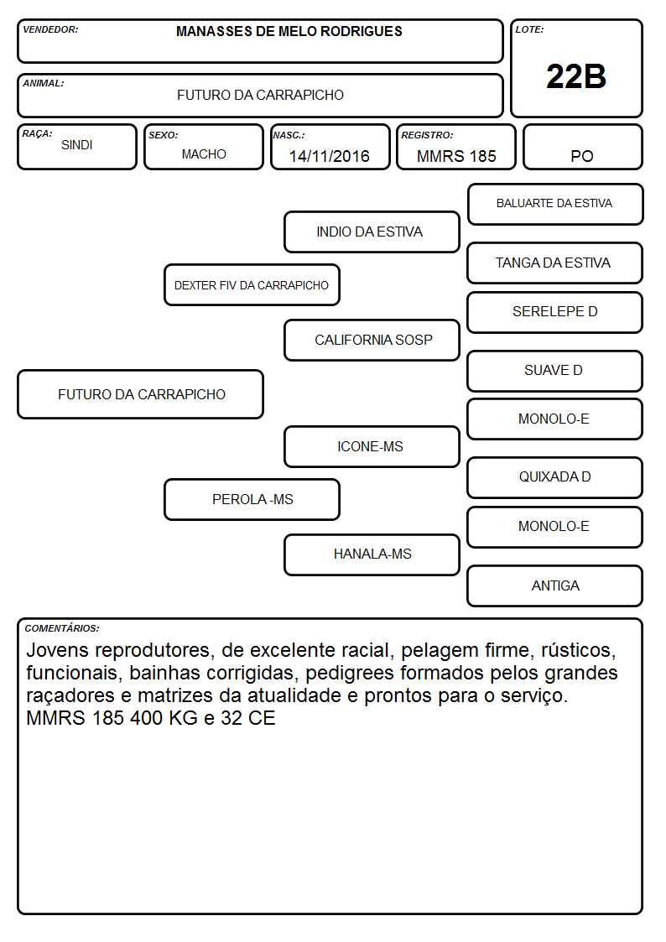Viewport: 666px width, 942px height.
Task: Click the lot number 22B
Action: [576, 77]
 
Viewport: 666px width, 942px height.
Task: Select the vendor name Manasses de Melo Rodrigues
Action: [289, 32]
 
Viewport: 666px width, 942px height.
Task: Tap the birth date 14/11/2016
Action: [329, 156]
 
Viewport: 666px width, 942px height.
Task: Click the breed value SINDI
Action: [77, 145]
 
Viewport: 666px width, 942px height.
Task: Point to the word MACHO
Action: [204, 154]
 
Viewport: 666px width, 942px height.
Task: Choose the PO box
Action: [582, 147]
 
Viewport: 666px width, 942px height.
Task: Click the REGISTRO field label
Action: [427, 135]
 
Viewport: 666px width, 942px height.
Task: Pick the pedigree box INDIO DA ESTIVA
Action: [372, 232]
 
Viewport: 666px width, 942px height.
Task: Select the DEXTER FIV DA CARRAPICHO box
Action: [252, 284]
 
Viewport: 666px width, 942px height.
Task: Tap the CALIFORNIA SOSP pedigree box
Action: [372, 340]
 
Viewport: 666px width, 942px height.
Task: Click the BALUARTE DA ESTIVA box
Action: [555, 205]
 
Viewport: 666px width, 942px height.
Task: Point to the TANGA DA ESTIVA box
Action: [555, 263]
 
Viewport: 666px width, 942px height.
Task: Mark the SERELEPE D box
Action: [555, 312]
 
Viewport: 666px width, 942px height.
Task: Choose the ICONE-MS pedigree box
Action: [372, 447]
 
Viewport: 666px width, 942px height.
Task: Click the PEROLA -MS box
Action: [252, 500]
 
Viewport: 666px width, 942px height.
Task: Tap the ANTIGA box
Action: [555, 586]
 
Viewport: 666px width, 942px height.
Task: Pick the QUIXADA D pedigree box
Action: [555, 477]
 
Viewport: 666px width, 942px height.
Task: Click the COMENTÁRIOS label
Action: [62, 628]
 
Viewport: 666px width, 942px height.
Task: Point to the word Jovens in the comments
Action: [58, 651]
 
